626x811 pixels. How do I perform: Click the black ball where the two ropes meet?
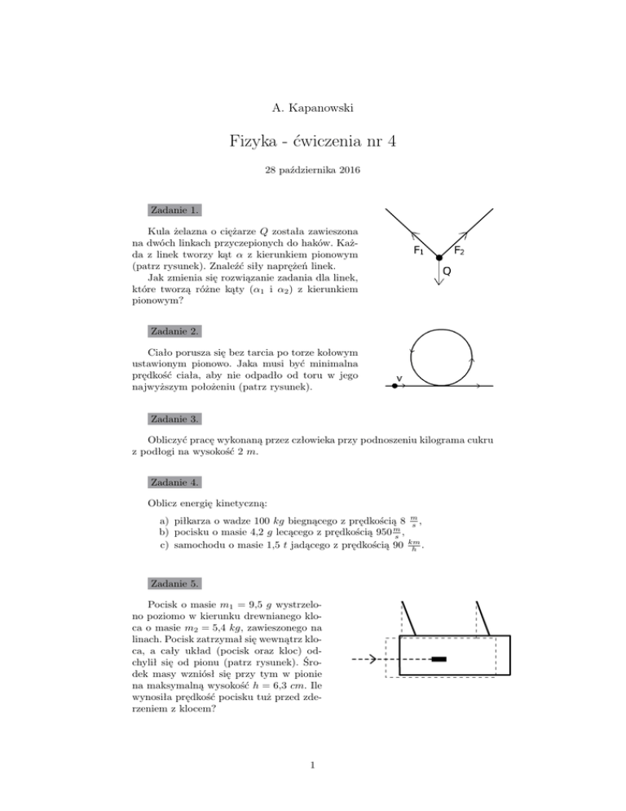click(439, 259)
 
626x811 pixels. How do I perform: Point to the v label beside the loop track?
click(399, 378)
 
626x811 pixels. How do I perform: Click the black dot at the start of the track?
click(395, 386)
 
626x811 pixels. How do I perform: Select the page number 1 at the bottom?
click(312, 764)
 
